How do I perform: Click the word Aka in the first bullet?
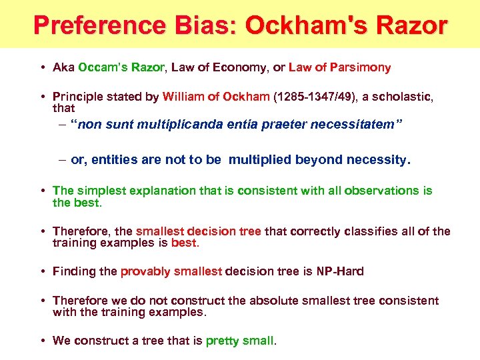(64, 67)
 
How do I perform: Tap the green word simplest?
(103, 191)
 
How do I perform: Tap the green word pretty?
(223, 341)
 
